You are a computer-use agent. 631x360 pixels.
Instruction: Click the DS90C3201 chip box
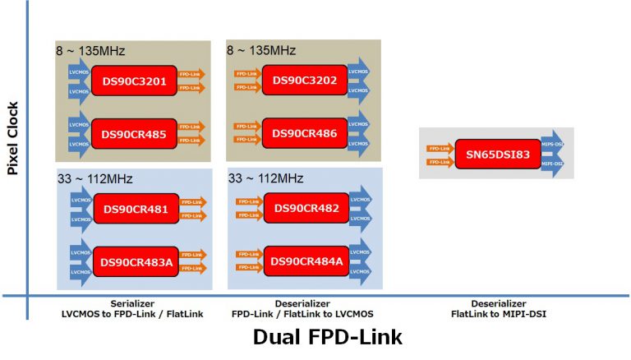[x=134, y=81]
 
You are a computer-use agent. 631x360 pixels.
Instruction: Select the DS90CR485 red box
[x=134, y=134]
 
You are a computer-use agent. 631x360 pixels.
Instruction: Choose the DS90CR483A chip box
[x=135, y=261]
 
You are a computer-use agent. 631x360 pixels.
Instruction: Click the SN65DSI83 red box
[x=493, y=155]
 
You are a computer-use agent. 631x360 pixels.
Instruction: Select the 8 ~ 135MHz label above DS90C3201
[x=90, y=51]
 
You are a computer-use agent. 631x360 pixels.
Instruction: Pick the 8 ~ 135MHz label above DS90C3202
[x=261, y=51]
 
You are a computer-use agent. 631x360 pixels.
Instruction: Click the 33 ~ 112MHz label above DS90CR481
[x=95, y=178]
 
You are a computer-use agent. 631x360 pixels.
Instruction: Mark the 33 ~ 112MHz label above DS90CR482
[x=265, y=178]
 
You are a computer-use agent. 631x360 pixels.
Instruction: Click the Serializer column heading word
[x=132, y=303]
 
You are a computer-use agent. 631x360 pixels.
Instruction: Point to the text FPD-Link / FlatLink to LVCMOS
[x=302, y=314]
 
